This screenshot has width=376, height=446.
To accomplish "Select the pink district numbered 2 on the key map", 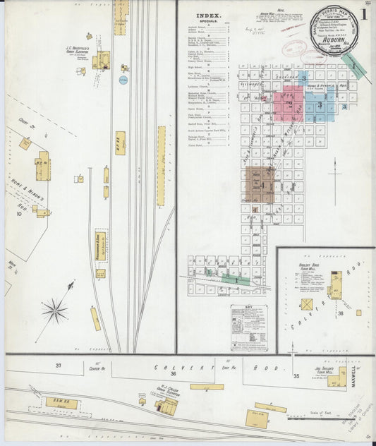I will [x=288, y=103].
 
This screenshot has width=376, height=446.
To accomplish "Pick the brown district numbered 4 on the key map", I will [x=260, y=185].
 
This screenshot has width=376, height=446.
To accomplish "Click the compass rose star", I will [x=54, y=311].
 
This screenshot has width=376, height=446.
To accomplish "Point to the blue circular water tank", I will [x=123, y=80].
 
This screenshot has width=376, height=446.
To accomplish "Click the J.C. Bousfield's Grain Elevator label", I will [x=80, y=49].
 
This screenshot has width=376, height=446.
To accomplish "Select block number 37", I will [x=59, y=364].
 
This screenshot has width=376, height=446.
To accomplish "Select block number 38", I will [x=340, y=313].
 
